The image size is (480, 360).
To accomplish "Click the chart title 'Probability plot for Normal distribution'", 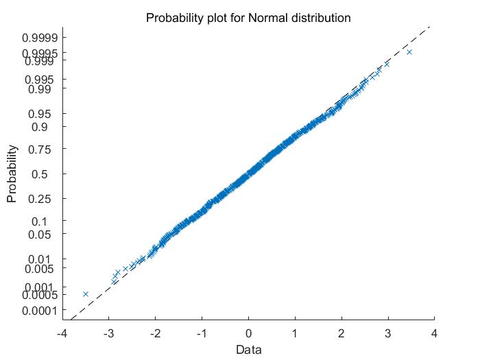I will (248, 18).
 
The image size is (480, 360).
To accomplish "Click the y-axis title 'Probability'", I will (12, 173).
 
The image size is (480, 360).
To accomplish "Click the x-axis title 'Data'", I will (248, 349).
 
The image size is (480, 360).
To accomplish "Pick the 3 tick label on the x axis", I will (388, 333).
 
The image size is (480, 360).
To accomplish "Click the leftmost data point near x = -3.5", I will (86, 293).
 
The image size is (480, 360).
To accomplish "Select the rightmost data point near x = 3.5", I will (409, 51).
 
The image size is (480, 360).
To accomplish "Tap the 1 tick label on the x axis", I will (295, 333).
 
